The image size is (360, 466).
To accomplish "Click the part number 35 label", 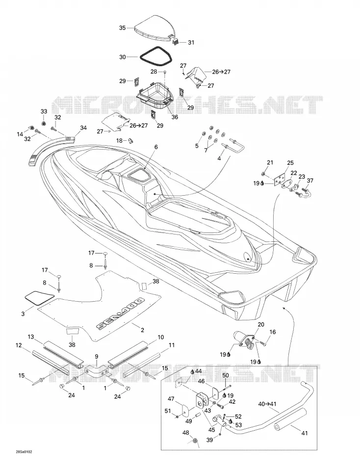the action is coord(123,28).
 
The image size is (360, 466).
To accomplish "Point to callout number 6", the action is coord(156,147).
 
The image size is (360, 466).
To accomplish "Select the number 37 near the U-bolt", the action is coord(310,181).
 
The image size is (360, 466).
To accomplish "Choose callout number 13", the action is coord(31,337).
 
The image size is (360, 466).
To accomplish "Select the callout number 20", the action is coord(261,324).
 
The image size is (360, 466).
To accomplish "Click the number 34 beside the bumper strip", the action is coord(83,128).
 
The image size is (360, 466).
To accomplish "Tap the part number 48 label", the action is coord(186,433).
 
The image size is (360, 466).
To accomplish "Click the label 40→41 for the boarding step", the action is coord(267,404).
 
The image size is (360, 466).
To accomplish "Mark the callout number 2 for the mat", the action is coord(142,330).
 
